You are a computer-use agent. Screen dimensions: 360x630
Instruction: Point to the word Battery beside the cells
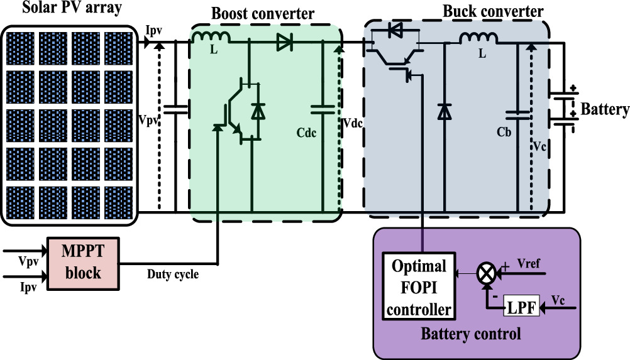coord(604,110)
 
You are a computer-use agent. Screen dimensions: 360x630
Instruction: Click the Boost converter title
coord(263,13)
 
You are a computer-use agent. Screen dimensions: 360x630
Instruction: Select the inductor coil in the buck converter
coord(479,39)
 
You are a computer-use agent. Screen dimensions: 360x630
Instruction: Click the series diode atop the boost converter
coord(284,43)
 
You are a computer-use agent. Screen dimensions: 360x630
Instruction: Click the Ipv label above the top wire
coord(153,30)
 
